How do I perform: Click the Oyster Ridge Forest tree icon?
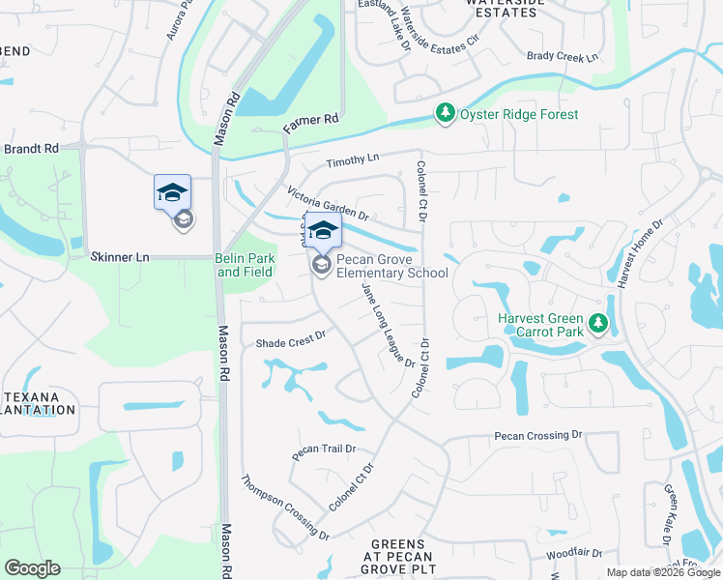click(445, 114)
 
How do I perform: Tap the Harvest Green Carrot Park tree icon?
click(598, 324)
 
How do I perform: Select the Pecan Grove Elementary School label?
click(391, 266)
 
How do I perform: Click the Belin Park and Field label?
click(246, 265)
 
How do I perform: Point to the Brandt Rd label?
click(31, 149)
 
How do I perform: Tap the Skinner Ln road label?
click(120, 257)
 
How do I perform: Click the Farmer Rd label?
click(310, 123)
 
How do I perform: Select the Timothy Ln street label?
click(353, 161)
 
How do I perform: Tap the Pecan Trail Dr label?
click(325, 449)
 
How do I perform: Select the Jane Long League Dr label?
click(388, 325)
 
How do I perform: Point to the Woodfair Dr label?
click(573, 554)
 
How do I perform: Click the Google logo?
click(32, 568)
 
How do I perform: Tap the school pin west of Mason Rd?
click(172, 191)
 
